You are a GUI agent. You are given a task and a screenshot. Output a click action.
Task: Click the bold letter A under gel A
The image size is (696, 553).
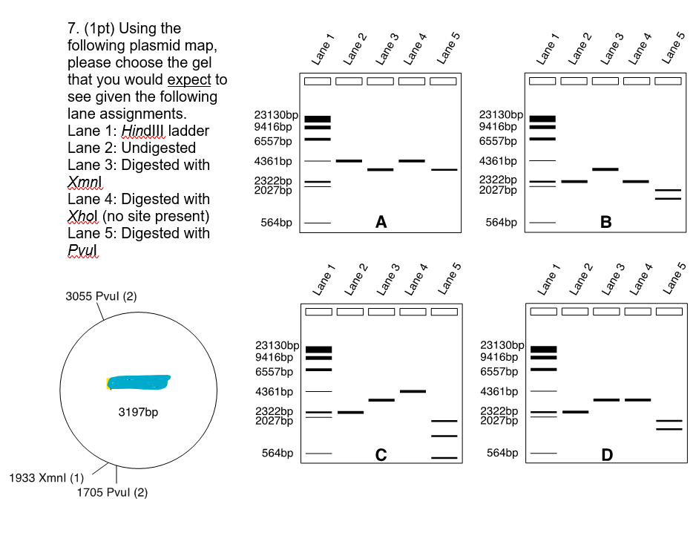tap(381, 221)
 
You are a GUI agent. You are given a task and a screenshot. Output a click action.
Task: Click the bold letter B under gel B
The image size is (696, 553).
tap(606, 221)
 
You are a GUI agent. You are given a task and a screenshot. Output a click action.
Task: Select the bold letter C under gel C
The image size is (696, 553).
tap(381, 455)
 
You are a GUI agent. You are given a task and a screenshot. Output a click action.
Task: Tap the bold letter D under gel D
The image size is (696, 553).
tap(607, 455)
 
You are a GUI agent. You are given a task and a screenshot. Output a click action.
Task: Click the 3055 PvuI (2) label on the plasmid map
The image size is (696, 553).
tap(101, 295)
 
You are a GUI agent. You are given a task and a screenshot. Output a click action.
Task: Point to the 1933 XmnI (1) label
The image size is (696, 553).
tap(46, 477)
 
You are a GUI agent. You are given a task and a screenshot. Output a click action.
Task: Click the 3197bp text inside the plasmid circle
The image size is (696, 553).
tap(138, 412)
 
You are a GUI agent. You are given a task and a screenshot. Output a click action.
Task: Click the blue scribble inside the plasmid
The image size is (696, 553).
tap(139, 382)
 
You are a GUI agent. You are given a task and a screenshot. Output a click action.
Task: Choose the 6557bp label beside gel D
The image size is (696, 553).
tap(500, 371)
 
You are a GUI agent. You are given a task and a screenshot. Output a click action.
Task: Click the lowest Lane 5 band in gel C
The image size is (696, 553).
tap(444, 458)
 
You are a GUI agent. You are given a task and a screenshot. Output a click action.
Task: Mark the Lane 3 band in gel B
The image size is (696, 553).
tap(605, 169)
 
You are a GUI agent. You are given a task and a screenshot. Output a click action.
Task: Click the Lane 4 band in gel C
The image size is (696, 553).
tap(413, 391)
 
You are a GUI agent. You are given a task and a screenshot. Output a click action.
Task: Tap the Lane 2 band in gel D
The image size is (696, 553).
tap(575, 412)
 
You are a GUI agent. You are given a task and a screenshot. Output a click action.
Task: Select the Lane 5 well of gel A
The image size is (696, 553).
tap(443, 81)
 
